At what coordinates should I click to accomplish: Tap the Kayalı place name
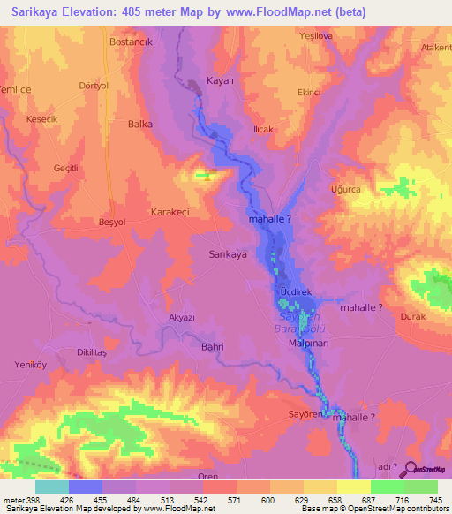point(219,79)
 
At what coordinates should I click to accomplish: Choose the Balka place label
point(141,125)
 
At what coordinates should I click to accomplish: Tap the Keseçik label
point(41,119)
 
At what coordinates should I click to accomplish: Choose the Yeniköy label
point(30,363)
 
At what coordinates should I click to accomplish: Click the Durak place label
point(412,315)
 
